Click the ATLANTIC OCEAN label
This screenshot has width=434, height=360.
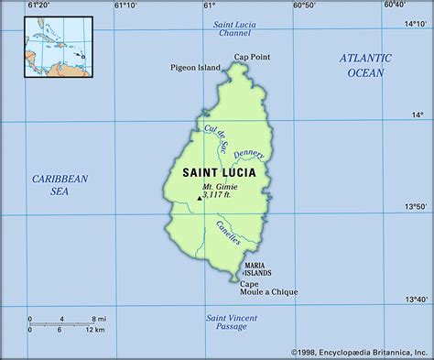[x=365, y=64]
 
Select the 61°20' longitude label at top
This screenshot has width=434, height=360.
[x=38, y=5]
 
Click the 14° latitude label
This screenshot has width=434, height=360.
[x=418, y=115]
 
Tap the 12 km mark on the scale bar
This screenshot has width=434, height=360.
[x=95, y=329]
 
